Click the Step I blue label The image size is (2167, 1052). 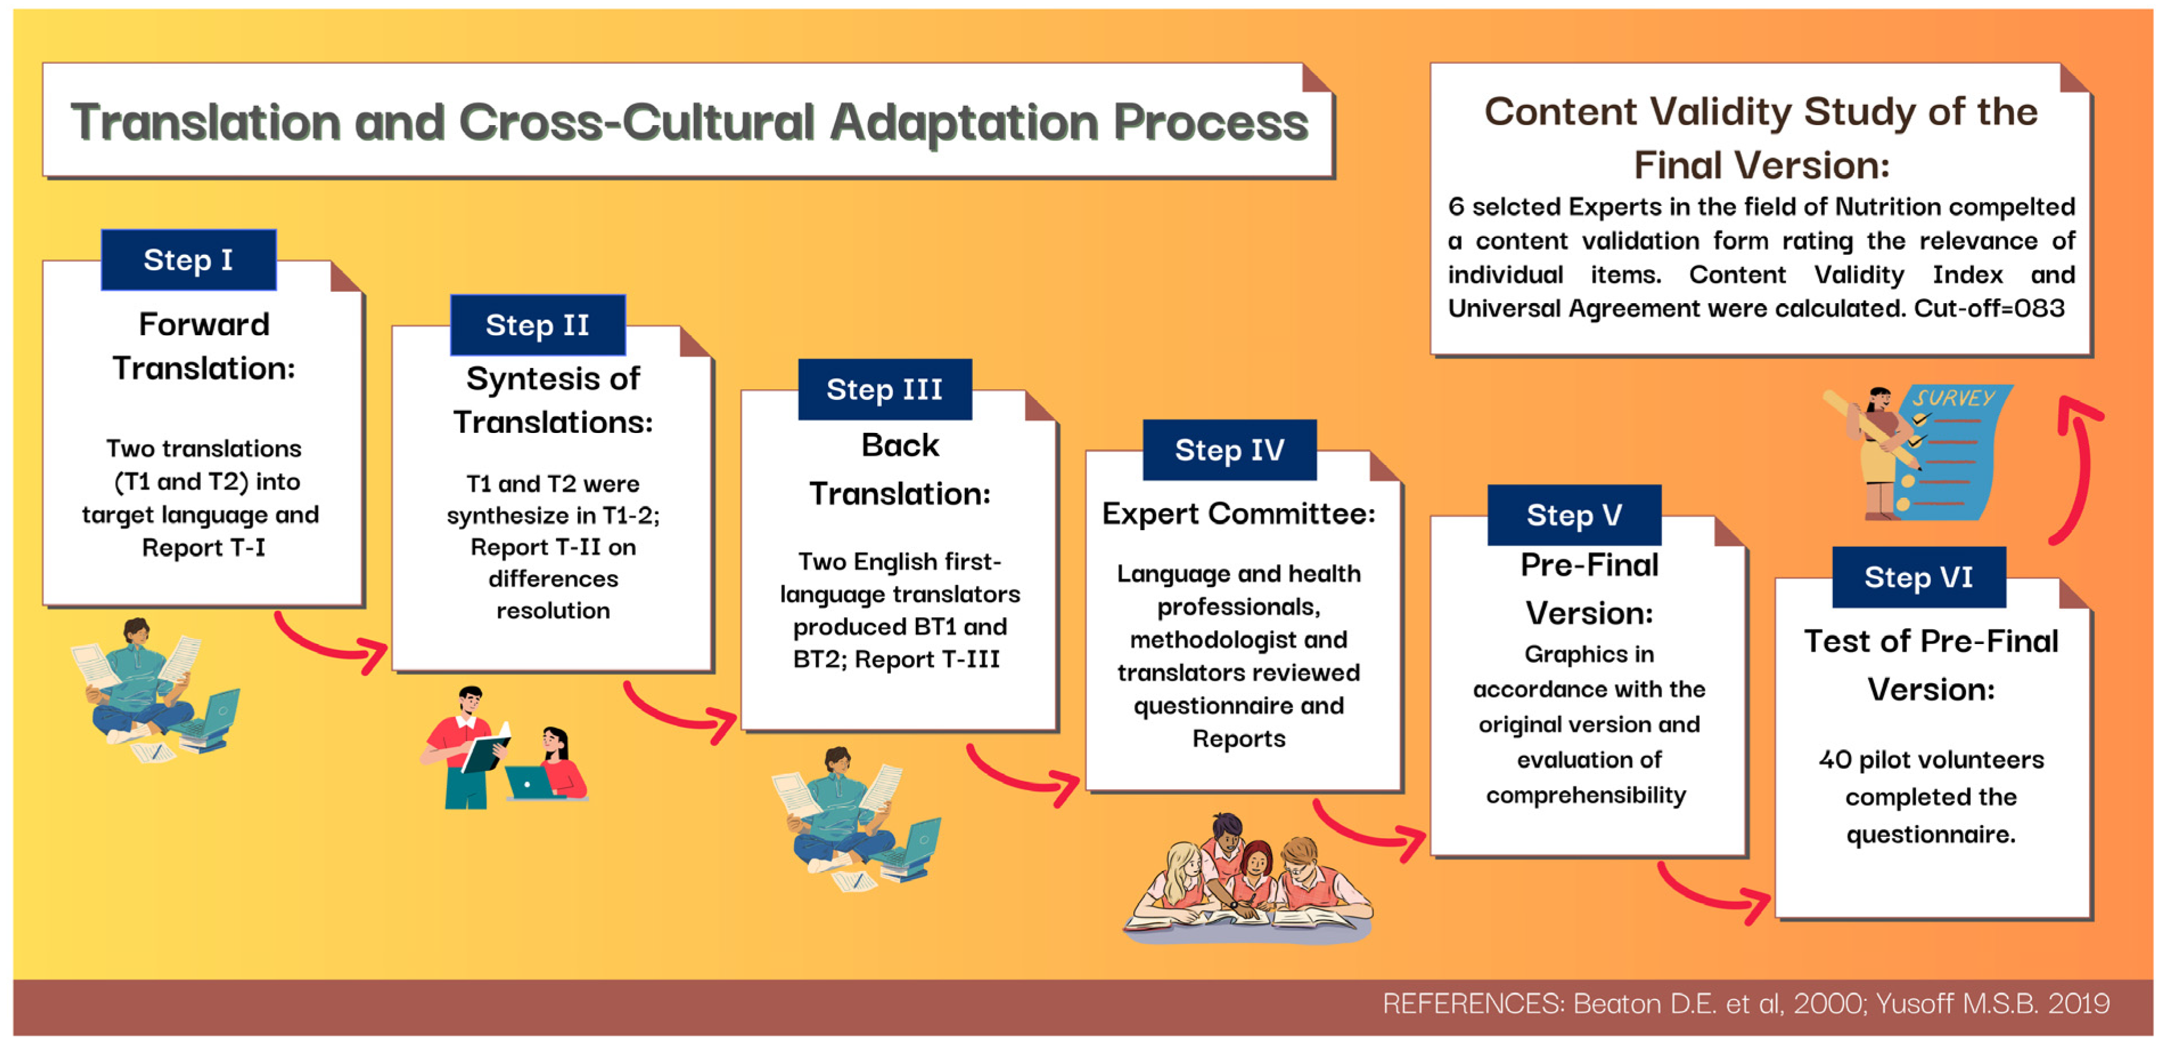click(188, 260)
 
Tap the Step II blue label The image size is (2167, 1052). click(537, 325)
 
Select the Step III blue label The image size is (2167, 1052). click(884, 389)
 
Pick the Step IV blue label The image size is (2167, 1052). click(1229, 450)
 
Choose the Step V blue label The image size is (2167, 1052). click(1574, 515)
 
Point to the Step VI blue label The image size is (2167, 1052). click(1918, 577)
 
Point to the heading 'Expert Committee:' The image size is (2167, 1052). click(1238, 514)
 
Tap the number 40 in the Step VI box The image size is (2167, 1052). click(1835, 760)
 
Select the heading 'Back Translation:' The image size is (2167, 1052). click(899, 469)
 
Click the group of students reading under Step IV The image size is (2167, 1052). click(1248, 880)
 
